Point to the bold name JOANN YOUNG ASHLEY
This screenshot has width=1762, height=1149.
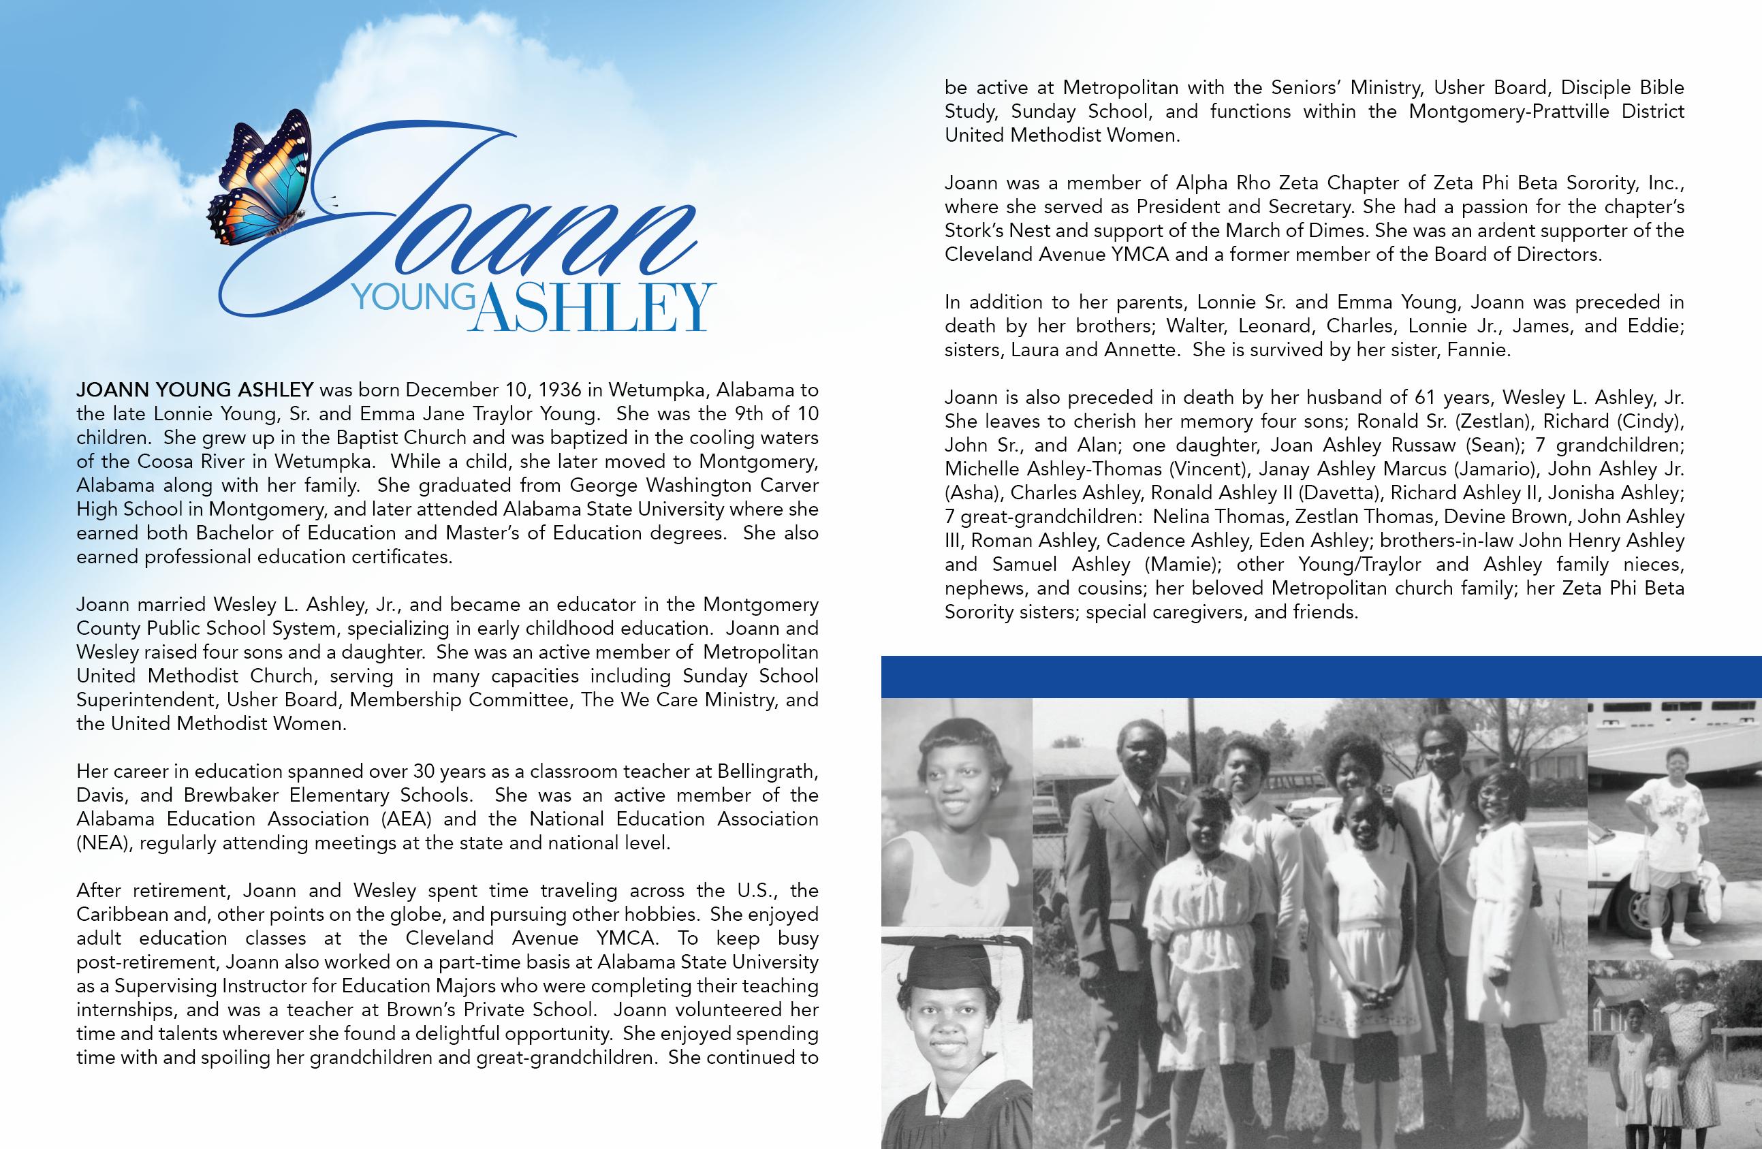[x=195, y=390]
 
